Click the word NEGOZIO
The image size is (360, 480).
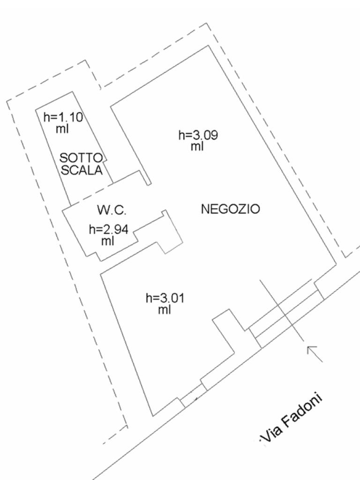coord(230,209)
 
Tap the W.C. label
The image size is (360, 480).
coord(112,210)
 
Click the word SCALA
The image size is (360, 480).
coord(82,170)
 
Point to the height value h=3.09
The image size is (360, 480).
coord(198,135)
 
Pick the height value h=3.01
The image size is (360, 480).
coord(165,298)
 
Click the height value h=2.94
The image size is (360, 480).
coord(108,229)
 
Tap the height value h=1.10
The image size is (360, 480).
coord(63,117)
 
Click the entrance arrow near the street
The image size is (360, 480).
coord(315,353)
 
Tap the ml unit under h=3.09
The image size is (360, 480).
coord(197,146)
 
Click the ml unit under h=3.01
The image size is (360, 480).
coord(164,309)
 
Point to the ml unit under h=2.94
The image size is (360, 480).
coord(108,241)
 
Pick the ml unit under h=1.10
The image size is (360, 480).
coord(62,128)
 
